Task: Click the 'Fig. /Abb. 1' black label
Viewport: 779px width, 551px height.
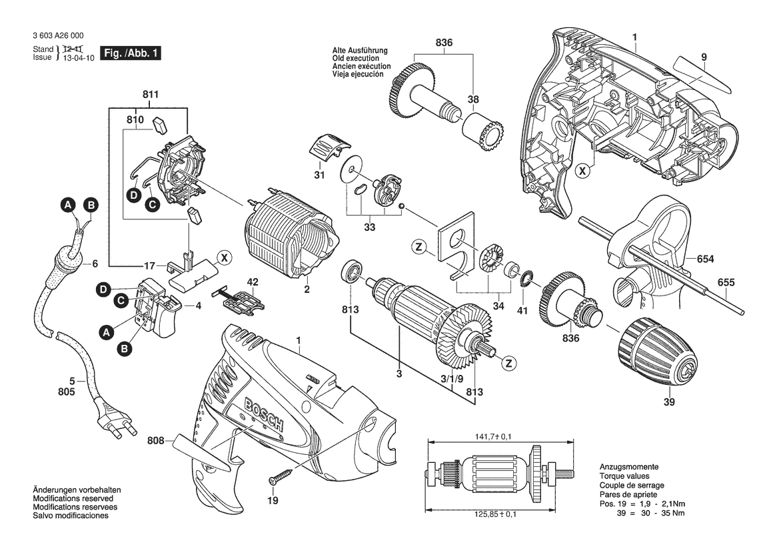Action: (130, 53)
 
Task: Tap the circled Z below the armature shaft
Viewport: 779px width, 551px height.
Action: (508, 363)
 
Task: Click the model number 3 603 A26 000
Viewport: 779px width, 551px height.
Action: (57, 35)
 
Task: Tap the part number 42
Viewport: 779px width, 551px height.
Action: (253, 282)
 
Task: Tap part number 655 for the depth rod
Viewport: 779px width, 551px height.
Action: (726, 282)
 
